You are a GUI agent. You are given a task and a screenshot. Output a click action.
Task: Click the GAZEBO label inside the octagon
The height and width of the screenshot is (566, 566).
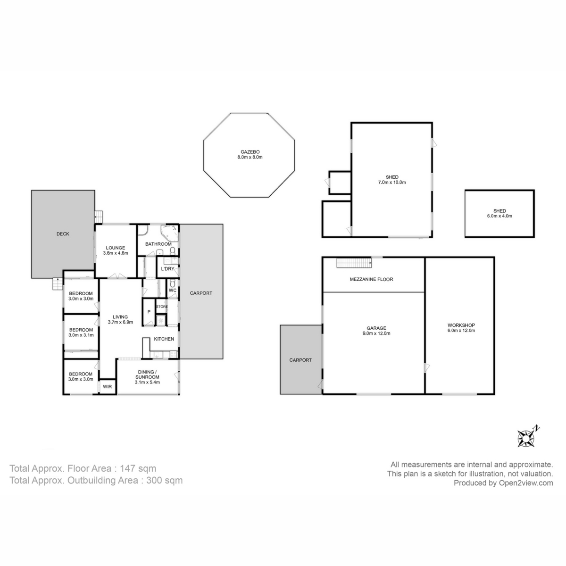pyautogui.click(x=250, y=151)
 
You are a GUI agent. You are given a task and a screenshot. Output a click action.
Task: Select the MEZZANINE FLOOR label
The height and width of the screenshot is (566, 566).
pyautogui.click(x=371, y=279)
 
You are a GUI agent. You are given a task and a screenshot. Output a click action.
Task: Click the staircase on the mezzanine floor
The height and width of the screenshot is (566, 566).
pyautogui.click(x=354, y=263)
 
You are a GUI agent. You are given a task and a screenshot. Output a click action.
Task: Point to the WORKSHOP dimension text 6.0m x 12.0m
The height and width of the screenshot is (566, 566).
pyautogui.click(x=461, y=331)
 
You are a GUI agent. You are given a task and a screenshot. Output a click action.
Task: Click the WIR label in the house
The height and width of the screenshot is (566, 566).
pyautogui.click(x=107, y=386)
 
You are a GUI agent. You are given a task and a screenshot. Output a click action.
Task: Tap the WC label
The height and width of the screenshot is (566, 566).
pyautogui.click(x=172, y=290)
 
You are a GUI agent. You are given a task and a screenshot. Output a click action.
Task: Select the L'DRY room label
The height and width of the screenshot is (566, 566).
pyautogui.click(x=168, y=269)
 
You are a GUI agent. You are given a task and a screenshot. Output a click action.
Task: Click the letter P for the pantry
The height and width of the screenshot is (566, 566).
pyautogui.click(x=149, y=312)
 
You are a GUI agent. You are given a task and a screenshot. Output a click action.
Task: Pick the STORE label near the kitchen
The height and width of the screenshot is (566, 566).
pyautogui.click(x=162, y=307)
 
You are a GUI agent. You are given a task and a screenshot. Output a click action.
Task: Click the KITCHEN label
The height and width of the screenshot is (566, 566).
pyautogui.click(x=164, y=339)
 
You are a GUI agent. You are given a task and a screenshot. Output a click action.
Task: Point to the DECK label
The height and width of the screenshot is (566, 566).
pyautogui.click(x=63, y=234)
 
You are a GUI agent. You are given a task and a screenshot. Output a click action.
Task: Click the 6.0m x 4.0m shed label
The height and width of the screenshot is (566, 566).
pyautogui.click(x=499, y=216)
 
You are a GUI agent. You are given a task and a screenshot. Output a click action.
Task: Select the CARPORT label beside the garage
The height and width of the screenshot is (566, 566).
pyautogui.click(x=300, y=360)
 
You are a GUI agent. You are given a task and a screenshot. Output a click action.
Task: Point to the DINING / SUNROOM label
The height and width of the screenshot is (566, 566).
pyautogui.click(x=147, y=374)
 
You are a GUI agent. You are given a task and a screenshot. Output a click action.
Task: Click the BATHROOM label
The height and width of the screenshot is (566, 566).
pyautogui.click(x=158, y=244)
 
